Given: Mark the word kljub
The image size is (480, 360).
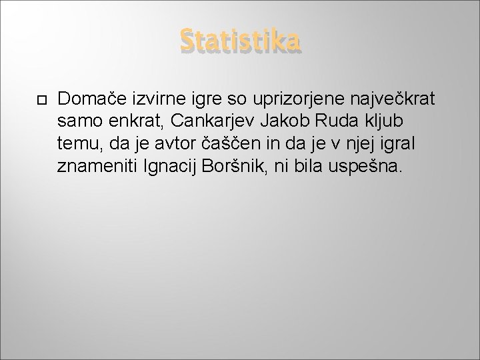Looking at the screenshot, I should pos(369,122).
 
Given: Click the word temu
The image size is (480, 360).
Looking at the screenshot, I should pos(77,144).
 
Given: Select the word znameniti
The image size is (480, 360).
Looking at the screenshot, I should pos(97,166).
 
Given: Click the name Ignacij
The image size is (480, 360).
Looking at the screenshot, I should pos(167,166).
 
